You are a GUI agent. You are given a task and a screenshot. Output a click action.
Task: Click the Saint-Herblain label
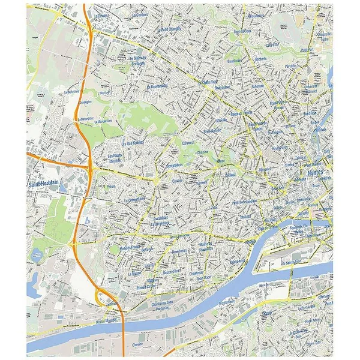coord(43,185)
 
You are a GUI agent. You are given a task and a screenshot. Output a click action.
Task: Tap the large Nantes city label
coord(314,173)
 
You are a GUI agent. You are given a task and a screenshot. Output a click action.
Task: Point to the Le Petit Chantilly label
coord(169,29)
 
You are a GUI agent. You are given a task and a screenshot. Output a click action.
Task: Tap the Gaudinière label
coord(235,61)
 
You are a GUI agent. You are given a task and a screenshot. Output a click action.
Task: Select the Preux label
coord(110,186)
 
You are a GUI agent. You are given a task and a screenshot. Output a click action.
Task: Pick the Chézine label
coord(203,153)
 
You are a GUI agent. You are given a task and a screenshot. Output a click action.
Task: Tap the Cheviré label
coord(137,345)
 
